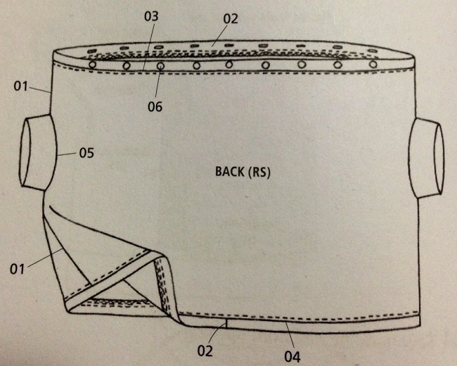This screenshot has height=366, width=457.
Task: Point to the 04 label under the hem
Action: [x=292, y=357]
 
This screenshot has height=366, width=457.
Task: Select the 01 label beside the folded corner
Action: [x=19, y=268]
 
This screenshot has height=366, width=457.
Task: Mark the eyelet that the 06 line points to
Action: [x=161, y=65]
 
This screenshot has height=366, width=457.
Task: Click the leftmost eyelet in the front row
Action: [x=92, y=65]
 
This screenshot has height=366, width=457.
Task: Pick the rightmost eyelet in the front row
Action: [x=373, y=65]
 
